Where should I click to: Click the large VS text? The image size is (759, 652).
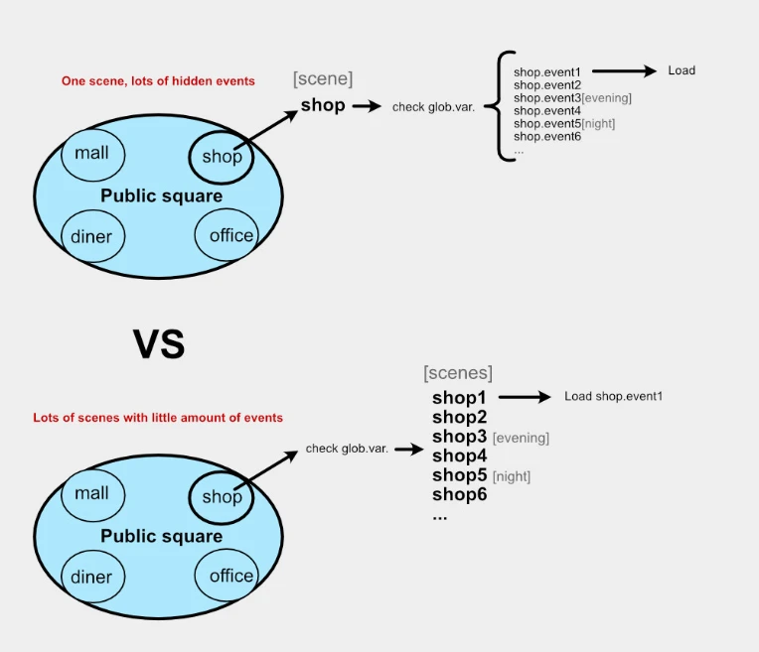pyautogui.click(x=159, y=344)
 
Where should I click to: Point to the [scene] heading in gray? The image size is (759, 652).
pyautogui.click(x=323, y=78)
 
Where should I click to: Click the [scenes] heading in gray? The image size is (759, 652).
pyautogui.click(x=458, y=373)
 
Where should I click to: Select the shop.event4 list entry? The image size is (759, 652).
pyautogui.click(x=547, y=111)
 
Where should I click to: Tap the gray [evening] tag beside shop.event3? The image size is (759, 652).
pyautogui.click(x=607, y=98)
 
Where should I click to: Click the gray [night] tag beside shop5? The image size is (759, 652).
pyautogui.click(x=512, y=477)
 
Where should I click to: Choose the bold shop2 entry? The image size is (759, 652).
pyautogui.click(x=459, y=417)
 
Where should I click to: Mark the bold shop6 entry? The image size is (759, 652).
pyautogui.click(x=459, y=494)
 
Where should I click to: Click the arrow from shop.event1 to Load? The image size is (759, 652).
pyautogui.click(x=624, y=71)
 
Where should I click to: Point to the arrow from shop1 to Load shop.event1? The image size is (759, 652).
pyautogui.click(x=525, y=397)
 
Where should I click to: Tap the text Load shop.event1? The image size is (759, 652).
pyautogui.click(x=613, y=396)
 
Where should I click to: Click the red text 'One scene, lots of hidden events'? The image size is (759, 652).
pyautogui.click(x=158, y=80)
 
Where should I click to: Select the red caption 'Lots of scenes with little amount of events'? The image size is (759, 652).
pyautogui.click(x=158, y=418)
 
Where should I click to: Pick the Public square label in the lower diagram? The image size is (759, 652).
pyautogui.click(x=162, y=536)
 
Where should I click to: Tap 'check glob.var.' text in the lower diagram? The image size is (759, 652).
pyautogui.click(x=347, y=449)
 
